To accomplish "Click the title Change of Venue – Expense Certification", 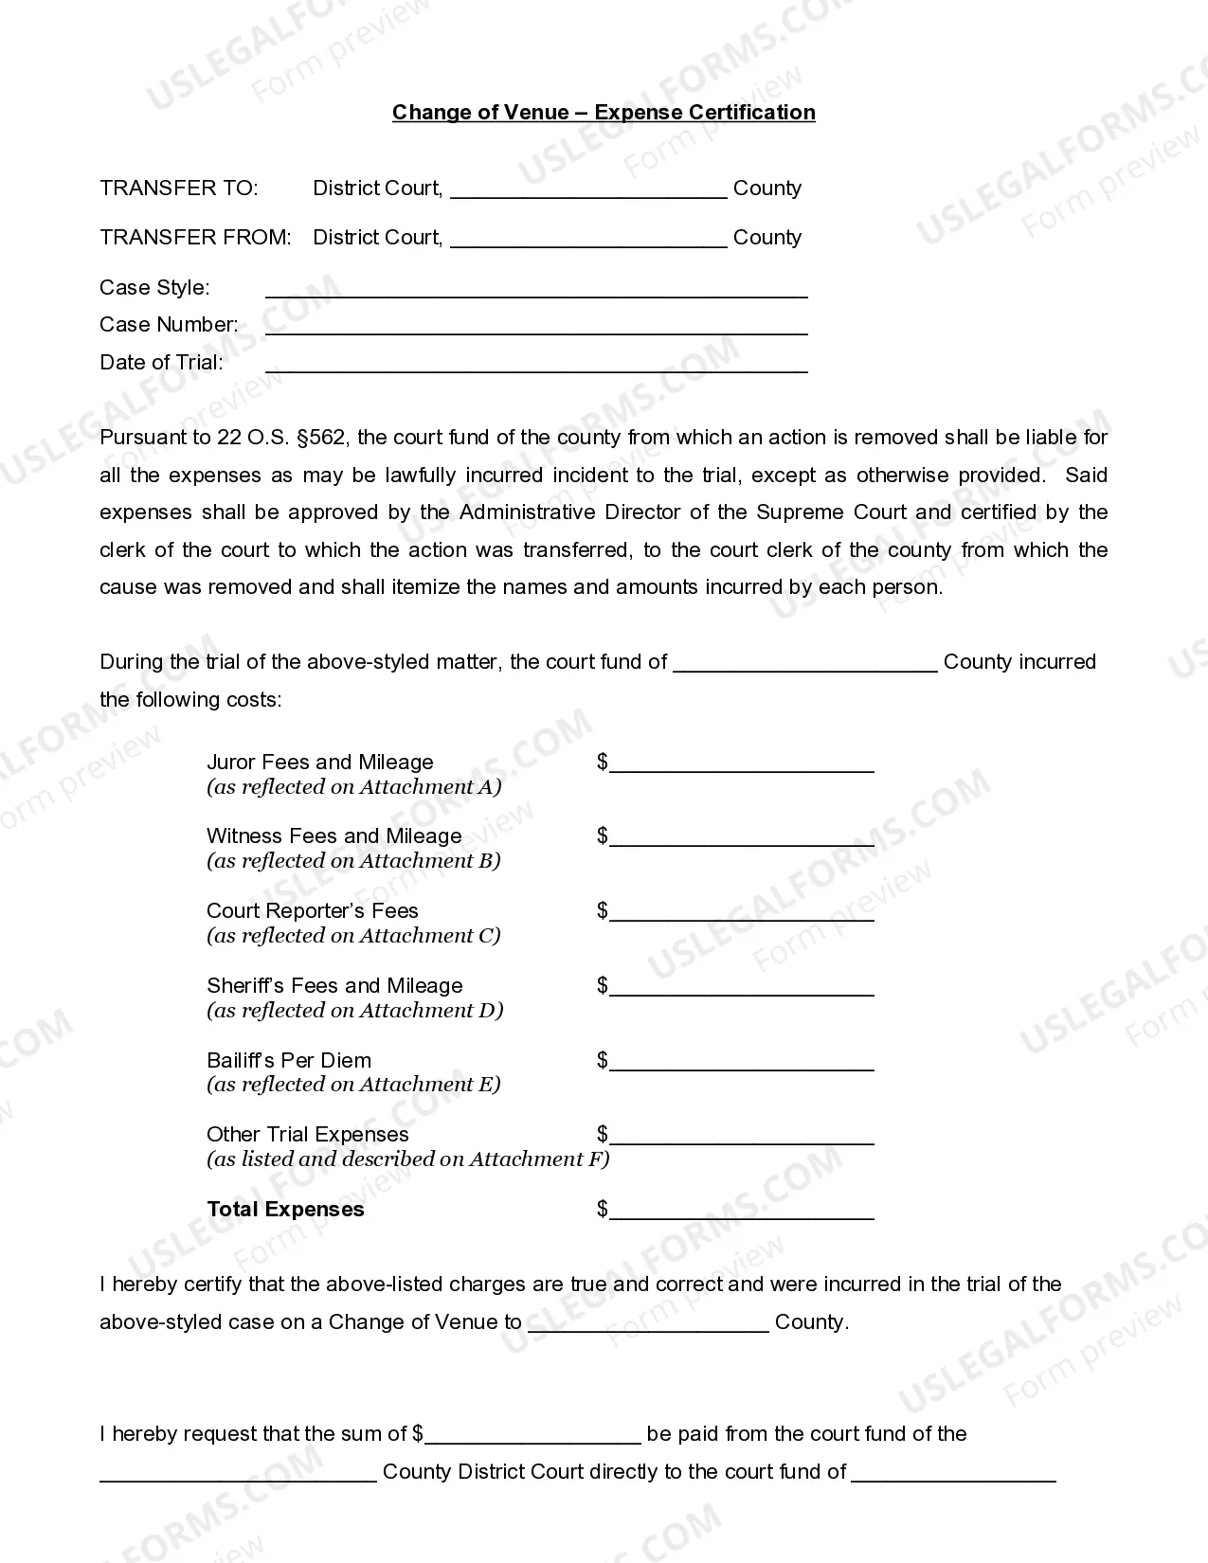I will (x=604, y=113).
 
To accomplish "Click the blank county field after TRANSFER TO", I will (x=588, y=190).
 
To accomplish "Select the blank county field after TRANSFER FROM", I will (x=588, y=240).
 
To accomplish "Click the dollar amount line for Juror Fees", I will (x=741, y=765).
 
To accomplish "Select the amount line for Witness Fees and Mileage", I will (x=741, y=839).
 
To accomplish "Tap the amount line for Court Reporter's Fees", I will (x=741, y=914).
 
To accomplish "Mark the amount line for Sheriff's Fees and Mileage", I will (x=741, y=989).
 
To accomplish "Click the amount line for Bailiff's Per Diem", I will (x=741, y=1063).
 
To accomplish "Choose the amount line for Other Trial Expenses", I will (x=741, y=1138).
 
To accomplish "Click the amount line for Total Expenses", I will (x=741, y=1213).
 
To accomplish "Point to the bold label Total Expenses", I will (x=285, y=1210).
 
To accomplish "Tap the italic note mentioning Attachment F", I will (x=408, y=1159).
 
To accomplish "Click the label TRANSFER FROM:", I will (x=195, y=238).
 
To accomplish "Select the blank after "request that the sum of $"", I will (x=533, y=1437).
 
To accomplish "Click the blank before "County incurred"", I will (x=805, y=665).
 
